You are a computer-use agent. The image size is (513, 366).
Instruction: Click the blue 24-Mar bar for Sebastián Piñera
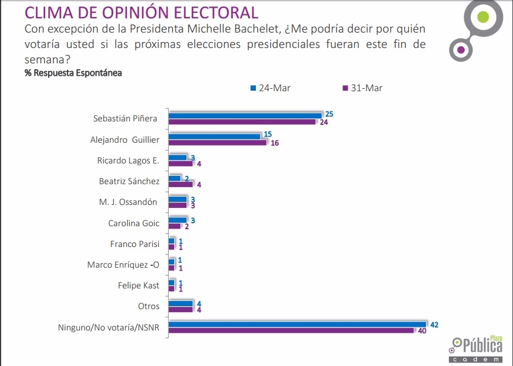245,115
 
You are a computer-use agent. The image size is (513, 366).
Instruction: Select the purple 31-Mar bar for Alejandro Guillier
217,143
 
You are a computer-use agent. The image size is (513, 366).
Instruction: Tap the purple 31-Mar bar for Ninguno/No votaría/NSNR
291,330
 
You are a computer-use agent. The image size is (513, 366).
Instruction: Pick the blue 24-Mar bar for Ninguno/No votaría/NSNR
297,324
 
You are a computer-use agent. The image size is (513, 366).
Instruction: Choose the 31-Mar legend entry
363,88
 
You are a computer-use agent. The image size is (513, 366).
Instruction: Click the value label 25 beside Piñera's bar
329,114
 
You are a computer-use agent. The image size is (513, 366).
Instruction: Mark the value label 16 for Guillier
274,143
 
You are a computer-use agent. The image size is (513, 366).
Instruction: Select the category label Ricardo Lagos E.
129,160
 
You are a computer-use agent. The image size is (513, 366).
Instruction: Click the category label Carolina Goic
133,223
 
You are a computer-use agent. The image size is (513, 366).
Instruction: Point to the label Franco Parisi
134,244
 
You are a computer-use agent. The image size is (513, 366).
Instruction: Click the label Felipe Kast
139,285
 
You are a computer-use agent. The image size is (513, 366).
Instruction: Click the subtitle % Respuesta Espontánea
73,73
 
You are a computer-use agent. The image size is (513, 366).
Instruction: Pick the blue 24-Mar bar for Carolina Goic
178,220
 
